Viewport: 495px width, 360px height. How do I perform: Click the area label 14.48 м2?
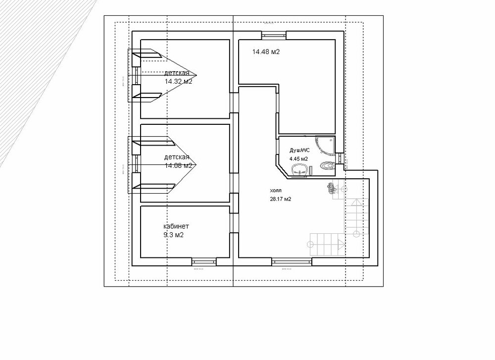coord(266,51)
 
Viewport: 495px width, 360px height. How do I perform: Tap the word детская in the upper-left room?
coord(177,73)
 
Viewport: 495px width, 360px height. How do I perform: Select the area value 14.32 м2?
coord(178,82)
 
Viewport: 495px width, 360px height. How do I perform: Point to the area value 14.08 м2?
coord(178,166)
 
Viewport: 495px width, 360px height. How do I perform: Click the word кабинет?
coord(176,226)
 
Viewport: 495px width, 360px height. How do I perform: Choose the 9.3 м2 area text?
coord(173,235)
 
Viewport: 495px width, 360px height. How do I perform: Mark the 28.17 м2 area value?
coord(280,199)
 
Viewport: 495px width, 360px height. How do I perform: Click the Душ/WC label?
coord(299,149)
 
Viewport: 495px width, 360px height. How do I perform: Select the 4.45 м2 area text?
coord(298,158)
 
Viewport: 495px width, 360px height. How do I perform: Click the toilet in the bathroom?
coord(326,165)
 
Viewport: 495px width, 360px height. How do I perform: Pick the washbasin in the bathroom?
coord(300,171)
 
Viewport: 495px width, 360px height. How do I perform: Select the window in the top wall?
coord(274,34)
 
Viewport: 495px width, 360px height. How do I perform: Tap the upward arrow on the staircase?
coord(354,203)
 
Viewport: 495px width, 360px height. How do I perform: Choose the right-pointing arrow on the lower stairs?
coord(341,243)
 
